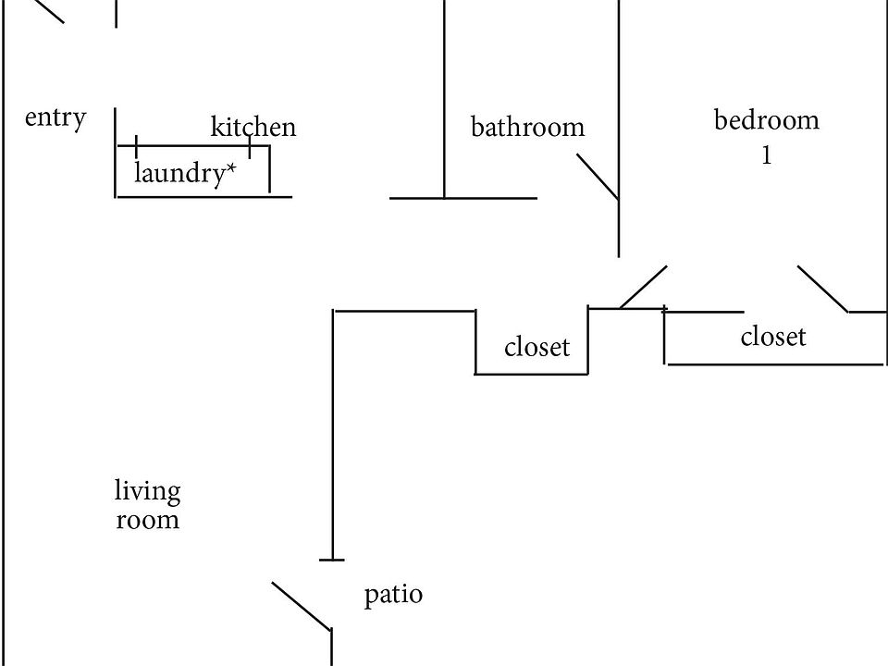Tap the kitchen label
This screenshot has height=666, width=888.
tap(253, 127)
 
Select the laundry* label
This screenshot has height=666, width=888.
tap(185, 173)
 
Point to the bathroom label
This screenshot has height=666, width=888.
tap(528, 127)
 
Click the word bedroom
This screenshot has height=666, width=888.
tap(766, 119)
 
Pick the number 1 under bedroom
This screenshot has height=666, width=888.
tap(766, 154)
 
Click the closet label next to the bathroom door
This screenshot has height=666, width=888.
tap(536, 346)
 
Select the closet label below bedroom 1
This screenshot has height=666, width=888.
tap(773, 336)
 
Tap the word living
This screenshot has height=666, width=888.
tap(148, 491)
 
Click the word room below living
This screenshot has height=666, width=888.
tap(148, 520)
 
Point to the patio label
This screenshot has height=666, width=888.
tap(393, 595)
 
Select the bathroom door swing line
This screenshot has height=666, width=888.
tap(598, 177)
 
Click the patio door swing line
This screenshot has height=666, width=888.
tap(302, 606)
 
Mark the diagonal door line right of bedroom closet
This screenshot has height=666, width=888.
tap(823, 289)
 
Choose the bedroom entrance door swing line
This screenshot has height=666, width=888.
tap(644, 287)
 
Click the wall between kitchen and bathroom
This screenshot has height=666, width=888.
tap(445, 99)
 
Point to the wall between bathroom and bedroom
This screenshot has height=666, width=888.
tap(619, 129)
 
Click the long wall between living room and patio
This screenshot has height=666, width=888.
tap(333, 435)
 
